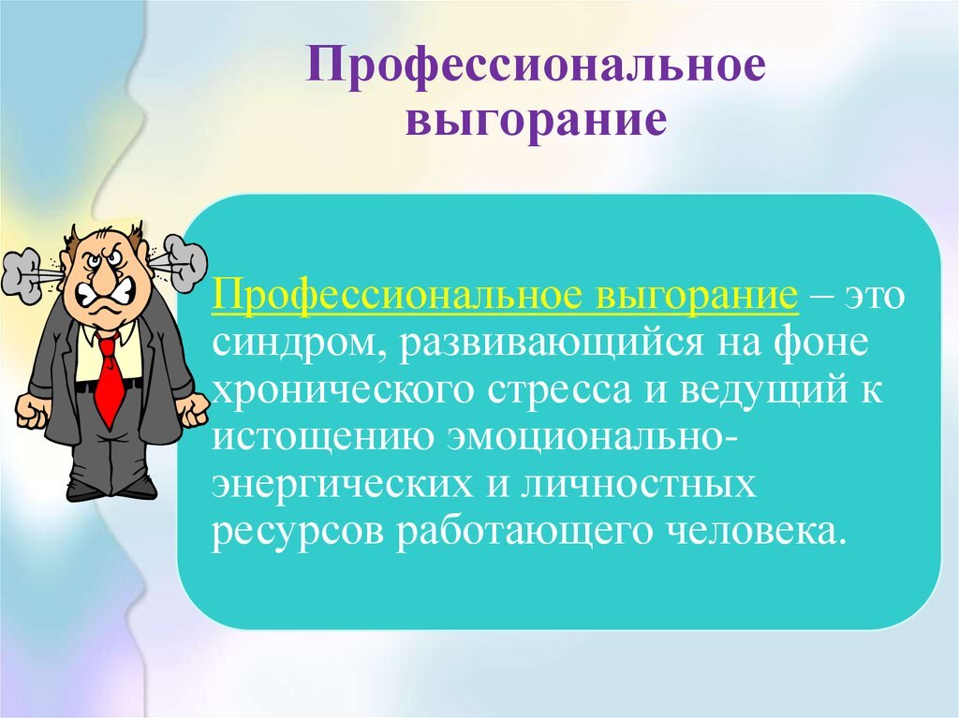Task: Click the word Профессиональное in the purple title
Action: point(536,66)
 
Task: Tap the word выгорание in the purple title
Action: point(536,119)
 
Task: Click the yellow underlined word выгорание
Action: point(696,297)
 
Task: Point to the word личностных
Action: point(636,484)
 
